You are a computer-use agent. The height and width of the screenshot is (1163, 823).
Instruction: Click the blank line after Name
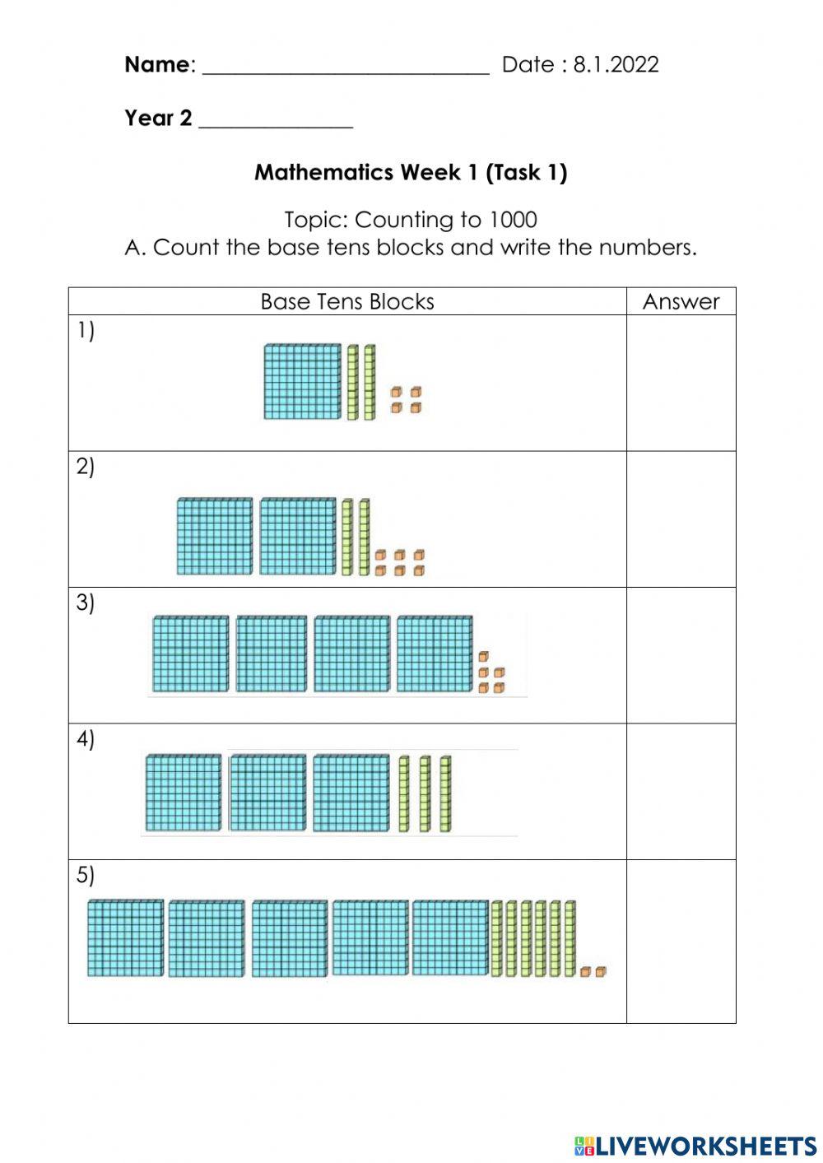pyautogui.click(x=346, y=69)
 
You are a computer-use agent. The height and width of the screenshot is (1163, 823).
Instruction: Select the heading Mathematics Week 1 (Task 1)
pyautogui.click(x=411, y=172)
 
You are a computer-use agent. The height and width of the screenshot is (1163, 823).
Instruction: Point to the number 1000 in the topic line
pyautogui.click(x=513, y=220)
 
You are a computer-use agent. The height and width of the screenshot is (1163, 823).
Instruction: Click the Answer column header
pyautogui.click(x=681, y=301)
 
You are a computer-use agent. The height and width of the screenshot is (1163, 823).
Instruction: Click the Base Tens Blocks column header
pyautogui.click(x=346, y=301)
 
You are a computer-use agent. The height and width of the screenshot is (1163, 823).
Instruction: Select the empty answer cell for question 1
pyautogui.click(x=681, y=383)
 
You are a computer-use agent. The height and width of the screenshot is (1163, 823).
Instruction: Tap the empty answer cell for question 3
pyautogui.click(x=681, y=655)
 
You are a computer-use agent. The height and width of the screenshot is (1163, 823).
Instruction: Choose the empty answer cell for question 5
pyautogui.click(x=681, y=941)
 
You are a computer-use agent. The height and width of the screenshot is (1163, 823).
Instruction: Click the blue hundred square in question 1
pyautogui.click(x=302, y=381)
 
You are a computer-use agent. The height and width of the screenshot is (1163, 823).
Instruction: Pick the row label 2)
pyautogui.click(x=86, y=467)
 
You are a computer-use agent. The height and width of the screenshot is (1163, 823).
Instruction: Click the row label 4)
pyautogui.click(x=86, y=739)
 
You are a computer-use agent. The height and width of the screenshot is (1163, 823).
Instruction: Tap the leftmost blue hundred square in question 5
pyautogui.click(x=125, y=937)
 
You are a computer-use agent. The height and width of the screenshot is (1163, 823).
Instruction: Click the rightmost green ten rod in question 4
pyautogui.click(x=445, y=793)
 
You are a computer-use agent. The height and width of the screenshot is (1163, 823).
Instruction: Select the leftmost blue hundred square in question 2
pyautogui.click(x=215, y=536)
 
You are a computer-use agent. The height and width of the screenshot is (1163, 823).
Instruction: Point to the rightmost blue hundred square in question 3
pyautogui.click(x=435, y=654)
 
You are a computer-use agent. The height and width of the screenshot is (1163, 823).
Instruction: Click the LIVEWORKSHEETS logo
pyautogui.click(x=695, y=1145)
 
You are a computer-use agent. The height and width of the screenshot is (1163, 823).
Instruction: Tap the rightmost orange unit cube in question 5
pyautogui.click(x=601, y=971)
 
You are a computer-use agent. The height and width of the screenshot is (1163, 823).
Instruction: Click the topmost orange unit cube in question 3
pyautogui.click(x=484, y=657)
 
